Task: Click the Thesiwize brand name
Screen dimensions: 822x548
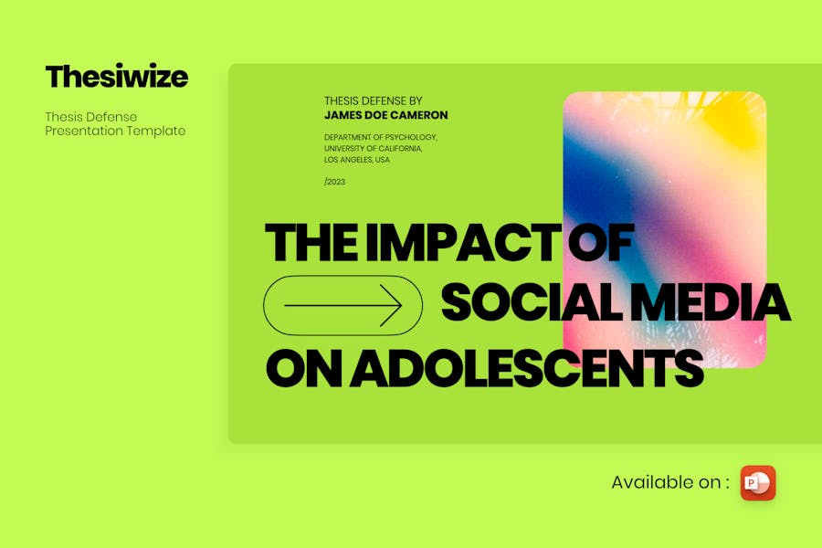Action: [x=116, y=77]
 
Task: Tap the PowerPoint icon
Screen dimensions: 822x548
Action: [x=758, y=483]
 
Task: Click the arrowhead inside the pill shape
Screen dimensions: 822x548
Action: [x=392, y=306]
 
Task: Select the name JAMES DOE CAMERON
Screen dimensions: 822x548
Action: [x=385, y=115]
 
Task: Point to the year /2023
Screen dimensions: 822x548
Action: [x=334, y=182]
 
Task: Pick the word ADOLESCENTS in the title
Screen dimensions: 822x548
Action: [x=526, y=367]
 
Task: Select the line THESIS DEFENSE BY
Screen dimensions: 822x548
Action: [x=374, y=100]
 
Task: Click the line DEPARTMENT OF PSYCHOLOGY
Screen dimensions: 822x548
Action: [x=381, y=137]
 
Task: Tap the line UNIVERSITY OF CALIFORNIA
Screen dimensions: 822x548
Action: [x=374, y=148]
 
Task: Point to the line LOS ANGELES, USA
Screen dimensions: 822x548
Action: [x=357, y=160]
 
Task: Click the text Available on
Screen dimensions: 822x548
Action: [x=670, y=482]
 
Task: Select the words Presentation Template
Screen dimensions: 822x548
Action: [x=115, y=132]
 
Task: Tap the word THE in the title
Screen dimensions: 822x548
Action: [x=312, y=242]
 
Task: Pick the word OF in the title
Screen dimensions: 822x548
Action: [x=602, y=242]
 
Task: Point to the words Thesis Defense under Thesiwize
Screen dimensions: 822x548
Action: [x=90, y=117]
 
